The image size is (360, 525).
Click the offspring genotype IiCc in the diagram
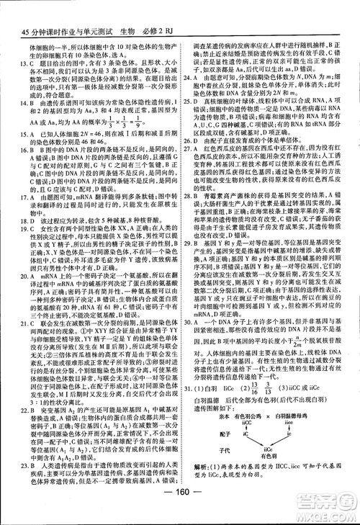tap(270, 448)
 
